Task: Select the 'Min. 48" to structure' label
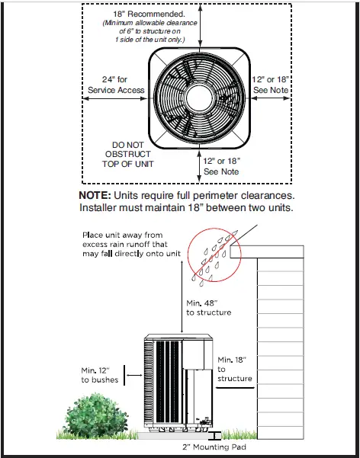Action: coord(208,307)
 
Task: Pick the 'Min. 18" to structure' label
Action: coord(233,368)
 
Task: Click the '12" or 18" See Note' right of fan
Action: coord(272,85)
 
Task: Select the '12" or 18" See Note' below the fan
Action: coord(223,166)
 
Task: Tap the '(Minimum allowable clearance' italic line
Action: coord(149,24)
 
